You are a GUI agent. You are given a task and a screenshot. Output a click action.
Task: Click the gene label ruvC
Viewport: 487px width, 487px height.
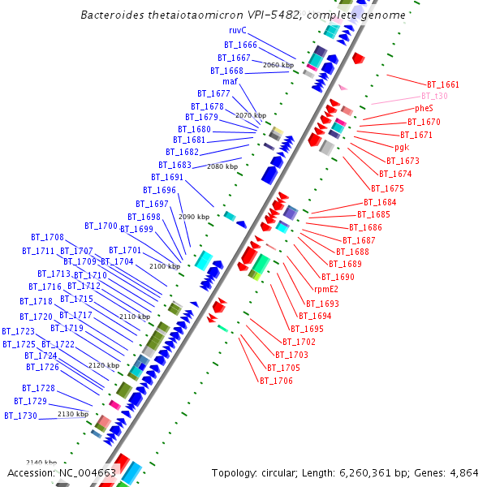pyautogui.click(x=237, y=31)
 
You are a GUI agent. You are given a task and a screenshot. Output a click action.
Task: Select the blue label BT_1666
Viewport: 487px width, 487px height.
pyautogui.click(x=240, y=45)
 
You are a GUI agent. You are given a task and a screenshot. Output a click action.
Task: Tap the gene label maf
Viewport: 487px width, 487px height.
pyautogui.click(x=230, y=81)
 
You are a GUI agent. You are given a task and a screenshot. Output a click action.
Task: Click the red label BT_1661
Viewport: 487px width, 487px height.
pyautogui.click(x=443, y=84)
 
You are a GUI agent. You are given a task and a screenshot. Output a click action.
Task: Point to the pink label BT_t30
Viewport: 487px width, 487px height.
pyautogui.click(x=434, y=96)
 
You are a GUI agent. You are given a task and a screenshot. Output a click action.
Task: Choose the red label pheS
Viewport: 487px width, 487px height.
pyautogui.click(x=424, y=108)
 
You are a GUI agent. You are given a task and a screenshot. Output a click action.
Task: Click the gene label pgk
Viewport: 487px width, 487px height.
pyautogui.click(x=402, y=148)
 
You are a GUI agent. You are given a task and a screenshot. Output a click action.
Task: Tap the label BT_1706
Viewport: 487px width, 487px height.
pyautogui.click(x=276, y=381)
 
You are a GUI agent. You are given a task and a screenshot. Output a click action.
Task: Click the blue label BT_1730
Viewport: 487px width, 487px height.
pyautogui.click(x=20, y=416)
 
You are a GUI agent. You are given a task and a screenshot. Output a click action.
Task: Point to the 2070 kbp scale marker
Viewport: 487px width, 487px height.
pyautogui.click(x=251, y=116)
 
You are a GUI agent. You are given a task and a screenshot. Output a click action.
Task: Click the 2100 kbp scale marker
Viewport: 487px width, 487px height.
pyautogui.click(x=165, y=266)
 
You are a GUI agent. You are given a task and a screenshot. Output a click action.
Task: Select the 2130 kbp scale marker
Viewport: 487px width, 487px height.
pyautogui.click(x=72, y=414)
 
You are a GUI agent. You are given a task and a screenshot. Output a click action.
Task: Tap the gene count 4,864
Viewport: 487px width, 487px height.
pyautogui.click(x=463, y=472)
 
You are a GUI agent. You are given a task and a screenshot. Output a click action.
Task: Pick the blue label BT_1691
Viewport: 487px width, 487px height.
pyautogui.click(x=167, y=177)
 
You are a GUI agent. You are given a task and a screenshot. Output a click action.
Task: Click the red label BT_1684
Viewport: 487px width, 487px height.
pyautogui.click(x=380, y=202)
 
